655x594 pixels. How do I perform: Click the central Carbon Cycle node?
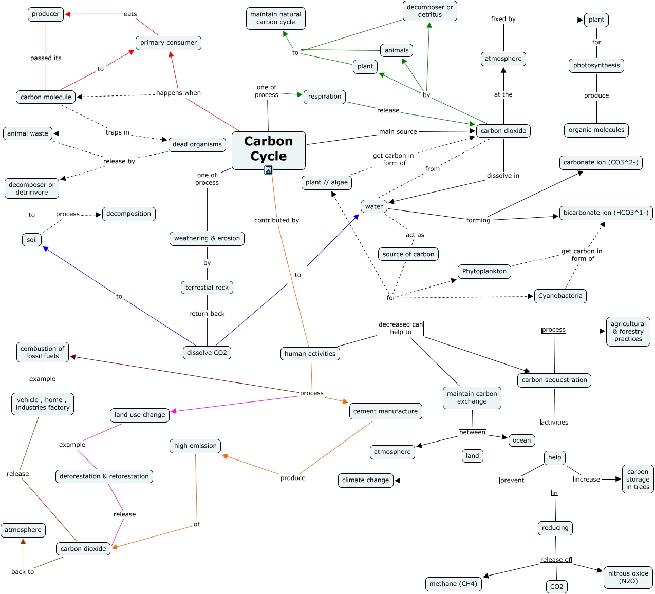click(268, 149)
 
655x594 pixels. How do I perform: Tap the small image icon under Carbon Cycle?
click(268, 170)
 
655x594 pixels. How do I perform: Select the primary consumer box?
click(169, 43)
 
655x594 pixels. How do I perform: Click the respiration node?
click(325, 97)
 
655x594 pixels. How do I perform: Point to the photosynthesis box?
click(596, 66)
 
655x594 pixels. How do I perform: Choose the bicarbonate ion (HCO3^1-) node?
click(606, 213)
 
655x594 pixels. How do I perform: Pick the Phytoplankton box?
click(484, 271)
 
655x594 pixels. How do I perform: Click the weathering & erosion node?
click(207, 238)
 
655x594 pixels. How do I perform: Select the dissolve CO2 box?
click(207, 353)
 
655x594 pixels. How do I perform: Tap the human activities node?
click(310, 353)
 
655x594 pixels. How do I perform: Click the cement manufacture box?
click(385, 411)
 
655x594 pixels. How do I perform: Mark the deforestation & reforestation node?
click(104, 476)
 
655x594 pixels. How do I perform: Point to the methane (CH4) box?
click(453, 584)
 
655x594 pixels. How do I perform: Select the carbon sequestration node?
click(554, 380)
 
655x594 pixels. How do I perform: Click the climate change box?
click(366, 480)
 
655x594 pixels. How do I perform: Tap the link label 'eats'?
click(130, 14)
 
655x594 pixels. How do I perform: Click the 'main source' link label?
click(398, 132)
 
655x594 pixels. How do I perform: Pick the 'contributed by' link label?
click(276, 220)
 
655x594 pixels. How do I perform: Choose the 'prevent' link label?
click(512, 481)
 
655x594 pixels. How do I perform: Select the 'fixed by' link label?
click(503, 19)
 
